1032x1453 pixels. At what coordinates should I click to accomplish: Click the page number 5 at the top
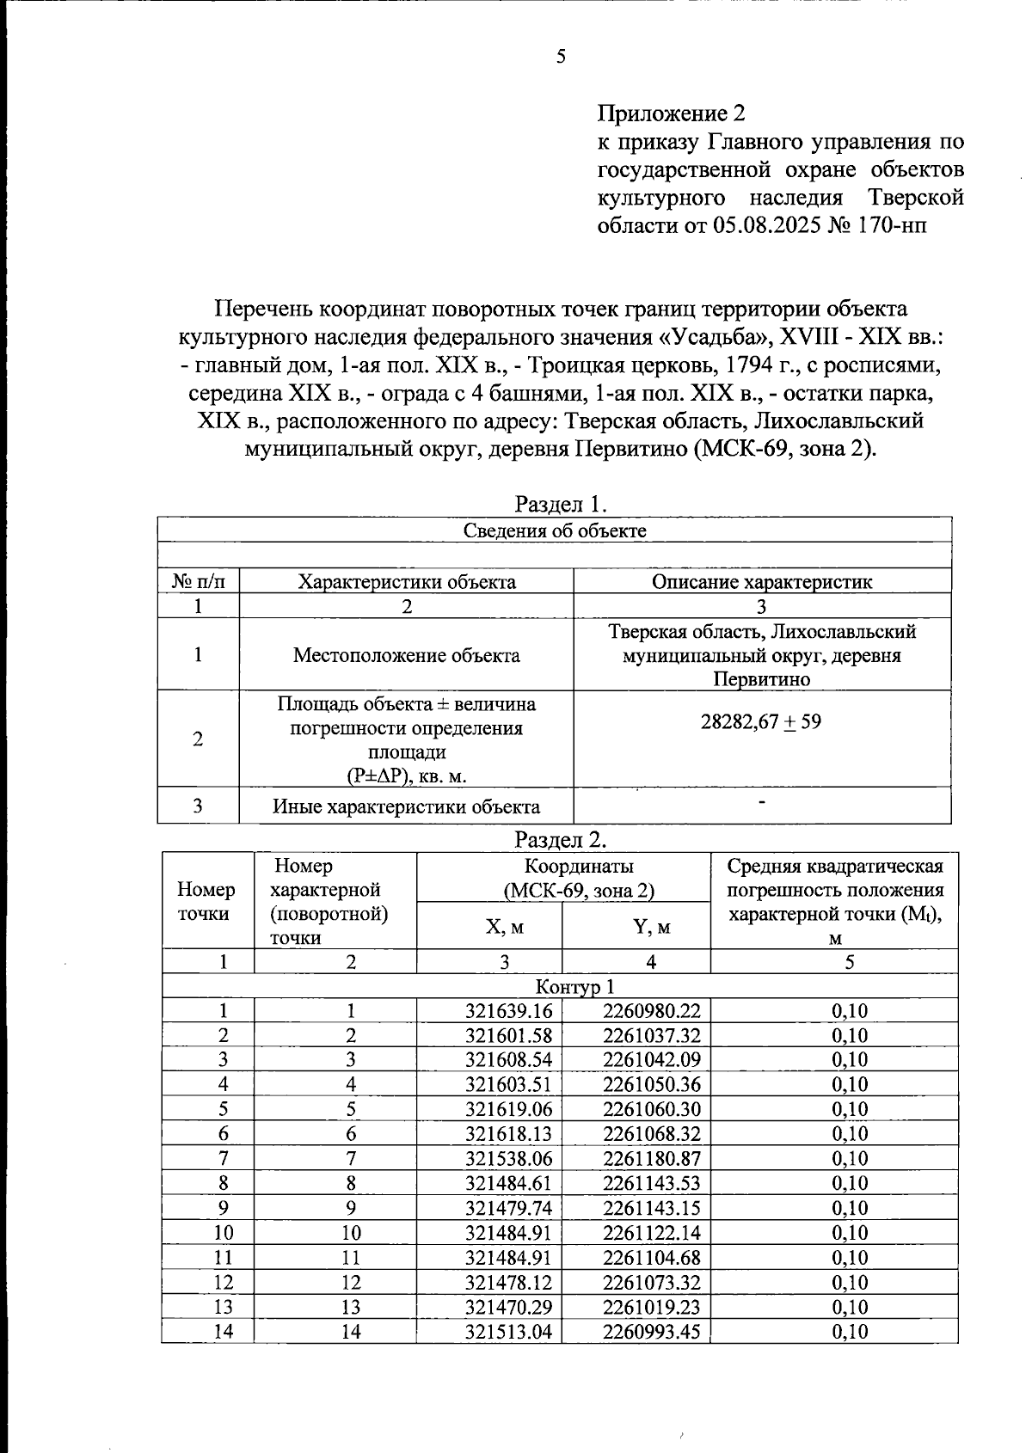coord(561,58)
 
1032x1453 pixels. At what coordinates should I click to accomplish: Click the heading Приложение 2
coord(671,113)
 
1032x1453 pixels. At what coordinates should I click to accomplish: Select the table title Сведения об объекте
coord(555,530)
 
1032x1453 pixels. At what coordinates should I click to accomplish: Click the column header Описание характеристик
coord(761,582)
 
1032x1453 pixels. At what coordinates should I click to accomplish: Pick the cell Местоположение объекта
coord(406,655)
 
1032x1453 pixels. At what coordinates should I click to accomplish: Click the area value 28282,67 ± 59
coord(761,721)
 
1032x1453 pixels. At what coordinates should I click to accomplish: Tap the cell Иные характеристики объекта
coord(406,806)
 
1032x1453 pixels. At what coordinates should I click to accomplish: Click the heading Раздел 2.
coord(562,838)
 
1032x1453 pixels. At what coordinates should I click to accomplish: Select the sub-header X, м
coord(490,927)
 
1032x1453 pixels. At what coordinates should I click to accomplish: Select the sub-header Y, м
coord(636,927)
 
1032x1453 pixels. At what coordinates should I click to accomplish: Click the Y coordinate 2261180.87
coord(652,1159)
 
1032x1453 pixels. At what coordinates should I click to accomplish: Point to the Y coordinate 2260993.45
coord(652,1333)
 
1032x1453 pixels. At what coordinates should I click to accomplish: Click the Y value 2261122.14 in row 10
coord(652,1233)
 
